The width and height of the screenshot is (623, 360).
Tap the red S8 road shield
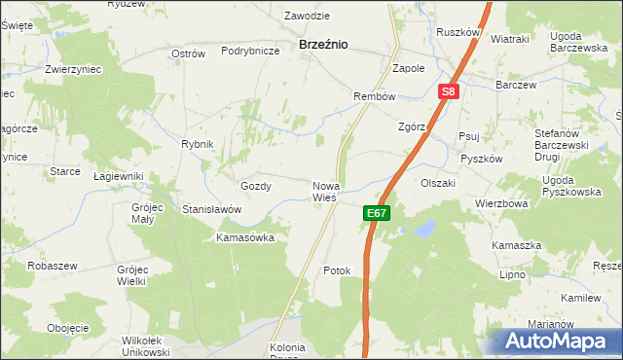click(448, 92)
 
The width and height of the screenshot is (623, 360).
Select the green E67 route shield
click(378, 213)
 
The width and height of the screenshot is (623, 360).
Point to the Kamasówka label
click(245, 236)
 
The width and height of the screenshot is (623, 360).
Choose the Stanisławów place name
click(211, 208)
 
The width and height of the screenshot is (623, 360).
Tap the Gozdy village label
click(255, 185)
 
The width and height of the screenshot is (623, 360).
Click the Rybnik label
click(197, 144)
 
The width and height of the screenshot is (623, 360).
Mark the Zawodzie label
click(307, 17)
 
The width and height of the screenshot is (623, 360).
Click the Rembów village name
click(374, 96)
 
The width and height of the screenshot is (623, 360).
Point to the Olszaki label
click(438, 182)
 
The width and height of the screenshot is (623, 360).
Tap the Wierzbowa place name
click(501, 204)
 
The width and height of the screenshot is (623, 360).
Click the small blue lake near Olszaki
click(424, 229)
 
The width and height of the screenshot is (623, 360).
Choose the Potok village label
click(336, 270)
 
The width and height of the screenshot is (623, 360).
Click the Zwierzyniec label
click(75, 70)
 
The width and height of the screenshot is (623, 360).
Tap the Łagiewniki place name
click(118, 176)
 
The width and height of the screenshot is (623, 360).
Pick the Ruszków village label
click(458, 32)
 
